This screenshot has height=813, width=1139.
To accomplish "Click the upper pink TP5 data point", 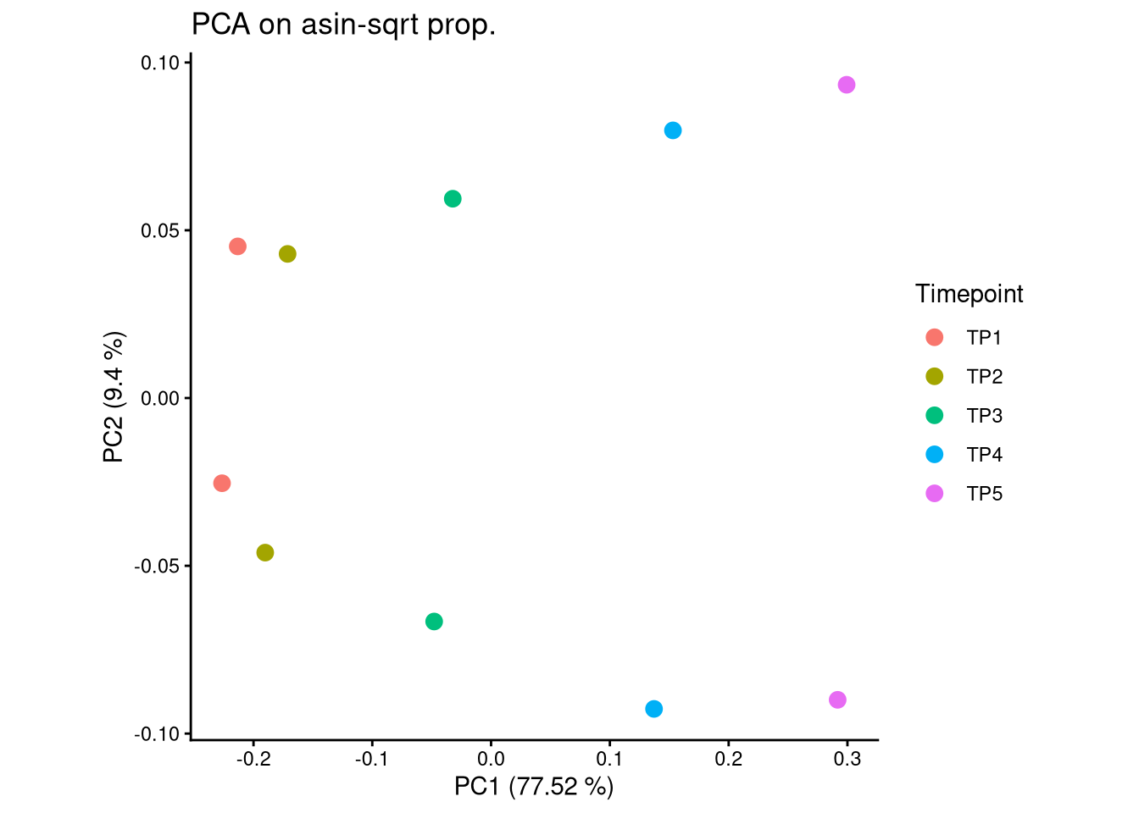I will [x=847, y=85].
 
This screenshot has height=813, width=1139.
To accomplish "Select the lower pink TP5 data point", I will [x=837, y=700].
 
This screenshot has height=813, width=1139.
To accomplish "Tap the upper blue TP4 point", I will [x=673, y=130].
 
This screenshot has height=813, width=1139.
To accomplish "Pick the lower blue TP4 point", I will [x=653, y=709].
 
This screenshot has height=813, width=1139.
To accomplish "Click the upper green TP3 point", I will [x=453, y=199].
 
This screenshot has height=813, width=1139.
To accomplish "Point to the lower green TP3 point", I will [x=434, y=622].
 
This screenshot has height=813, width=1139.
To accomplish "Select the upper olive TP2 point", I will [x=287, y=254].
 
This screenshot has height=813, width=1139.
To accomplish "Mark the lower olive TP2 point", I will [x=265, y=553].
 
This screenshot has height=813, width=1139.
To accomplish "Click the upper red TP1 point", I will [x=237, y=246].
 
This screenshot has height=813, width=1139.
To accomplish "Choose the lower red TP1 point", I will [x=222, y=484].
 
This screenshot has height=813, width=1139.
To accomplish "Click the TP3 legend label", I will [x=984, y=416].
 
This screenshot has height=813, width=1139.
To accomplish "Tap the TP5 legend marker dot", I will [x=935, y=494].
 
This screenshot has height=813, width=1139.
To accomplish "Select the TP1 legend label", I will [x=984, y=338].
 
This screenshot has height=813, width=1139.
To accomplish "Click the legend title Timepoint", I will [x=969, y=294].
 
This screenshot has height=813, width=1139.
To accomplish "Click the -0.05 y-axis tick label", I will [x=158, y=566].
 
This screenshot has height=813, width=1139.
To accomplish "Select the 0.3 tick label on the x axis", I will [x=847, y=759].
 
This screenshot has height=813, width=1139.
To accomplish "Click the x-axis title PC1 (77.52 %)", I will [x=534, y=787].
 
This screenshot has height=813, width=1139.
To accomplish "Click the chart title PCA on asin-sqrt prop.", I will [x=343, y=25].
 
